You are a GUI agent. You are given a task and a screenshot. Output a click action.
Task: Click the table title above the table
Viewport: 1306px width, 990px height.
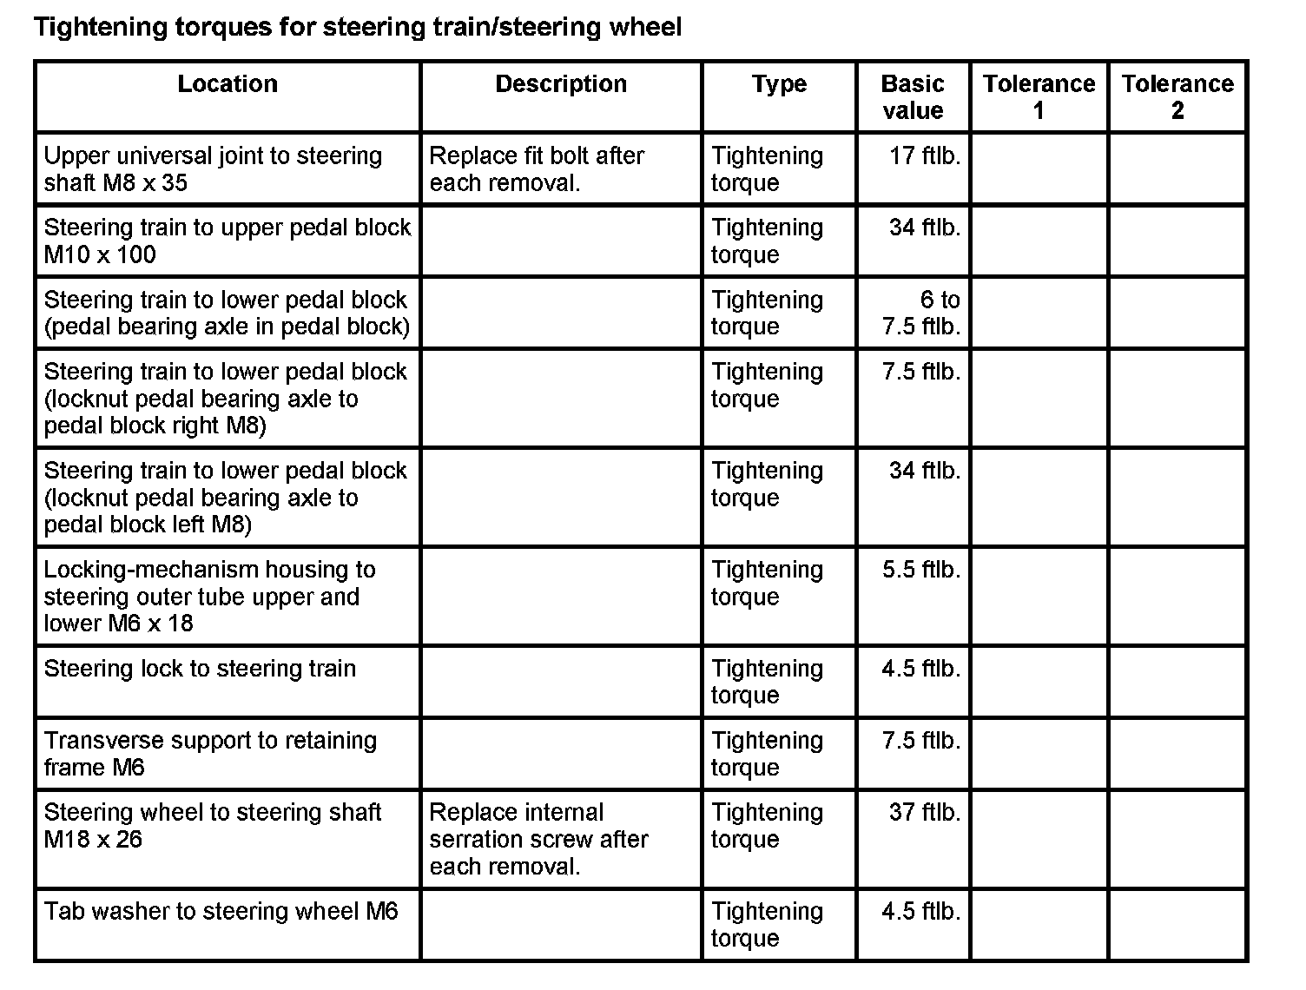coord(357,27)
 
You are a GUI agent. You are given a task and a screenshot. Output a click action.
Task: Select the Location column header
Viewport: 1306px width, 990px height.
coord(228,84)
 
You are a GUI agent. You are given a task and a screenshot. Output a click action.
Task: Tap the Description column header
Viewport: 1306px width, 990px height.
coord(561,84)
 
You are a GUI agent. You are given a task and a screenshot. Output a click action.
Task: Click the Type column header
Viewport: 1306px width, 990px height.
coord(779,84)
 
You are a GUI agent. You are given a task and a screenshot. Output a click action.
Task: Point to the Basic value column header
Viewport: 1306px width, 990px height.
coord(912,96)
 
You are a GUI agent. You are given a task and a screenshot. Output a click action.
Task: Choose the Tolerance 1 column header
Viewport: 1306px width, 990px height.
coord(1039,96)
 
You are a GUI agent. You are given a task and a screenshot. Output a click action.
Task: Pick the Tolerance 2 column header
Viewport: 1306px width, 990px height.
coord(1177,96)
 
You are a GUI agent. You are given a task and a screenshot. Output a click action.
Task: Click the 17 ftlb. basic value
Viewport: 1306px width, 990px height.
coord(924,156)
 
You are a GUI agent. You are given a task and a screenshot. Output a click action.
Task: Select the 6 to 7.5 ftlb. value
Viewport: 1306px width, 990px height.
coord(921,313)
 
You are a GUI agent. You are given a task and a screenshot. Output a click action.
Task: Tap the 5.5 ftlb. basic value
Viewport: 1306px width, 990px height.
coord(921,570)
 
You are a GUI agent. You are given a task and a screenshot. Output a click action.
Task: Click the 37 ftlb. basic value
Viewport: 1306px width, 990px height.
coord(924,813)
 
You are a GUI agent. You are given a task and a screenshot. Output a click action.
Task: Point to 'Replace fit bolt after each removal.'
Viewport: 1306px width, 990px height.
coord(537,168)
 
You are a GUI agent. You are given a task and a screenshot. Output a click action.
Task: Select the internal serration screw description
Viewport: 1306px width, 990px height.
coord(538,839)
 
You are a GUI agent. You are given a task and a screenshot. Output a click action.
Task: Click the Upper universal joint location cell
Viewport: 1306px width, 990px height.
coord(213,168)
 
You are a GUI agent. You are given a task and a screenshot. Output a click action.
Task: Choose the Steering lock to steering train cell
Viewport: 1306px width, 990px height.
coord(200,669)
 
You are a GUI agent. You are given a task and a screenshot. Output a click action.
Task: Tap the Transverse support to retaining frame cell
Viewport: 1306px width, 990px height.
coord(210,753)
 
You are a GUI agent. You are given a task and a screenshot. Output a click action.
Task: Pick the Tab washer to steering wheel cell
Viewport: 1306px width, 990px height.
coord(221,911)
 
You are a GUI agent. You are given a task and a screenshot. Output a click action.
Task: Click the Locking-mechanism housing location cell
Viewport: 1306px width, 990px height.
coord(209,596)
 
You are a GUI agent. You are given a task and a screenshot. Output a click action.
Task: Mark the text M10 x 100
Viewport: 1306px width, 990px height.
coord(100,254)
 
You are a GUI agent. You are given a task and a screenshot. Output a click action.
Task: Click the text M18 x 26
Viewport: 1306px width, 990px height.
coord(93,840)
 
